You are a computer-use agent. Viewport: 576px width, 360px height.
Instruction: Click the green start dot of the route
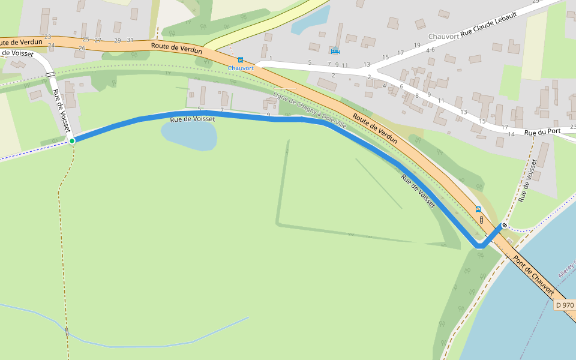click(x=72, y=141)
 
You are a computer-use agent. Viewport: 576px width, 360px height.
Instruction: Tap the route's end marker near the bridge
click(x=504, y=226)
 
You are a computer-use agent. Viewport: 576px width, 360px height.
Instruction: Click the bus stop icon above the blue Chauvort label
click(x=241, y=60)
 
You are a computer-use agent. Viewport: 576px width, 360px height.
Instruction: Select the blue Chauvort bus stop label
click(x=241, y=68)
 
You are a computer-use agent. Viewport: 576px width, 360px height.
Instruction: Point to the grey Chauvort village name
click(x=443, y=37)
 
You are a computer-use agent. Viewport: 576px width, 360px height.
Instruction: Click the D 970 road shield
click(x=565, y=305)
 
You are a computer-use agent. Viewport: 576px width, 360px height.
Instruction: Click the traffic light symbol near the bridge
click(x=481, y=220)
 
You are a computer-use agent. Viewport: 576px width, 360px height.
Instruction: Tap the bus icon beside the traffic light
click(x=478, y=209)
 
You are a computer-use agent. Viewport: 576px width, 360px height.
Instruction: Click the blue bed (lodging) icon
click(x=335, y=51)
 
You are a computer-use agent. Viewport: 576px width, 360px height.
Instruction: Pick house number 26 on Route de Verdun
click(x=82, y=48)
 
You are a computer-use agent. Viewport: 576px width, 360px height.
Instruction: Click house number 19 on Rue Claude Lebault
click(x=417, y=46)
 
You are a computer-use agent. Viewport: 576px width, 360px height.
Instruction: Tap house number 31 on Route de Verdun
click(x=130, y=40)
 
